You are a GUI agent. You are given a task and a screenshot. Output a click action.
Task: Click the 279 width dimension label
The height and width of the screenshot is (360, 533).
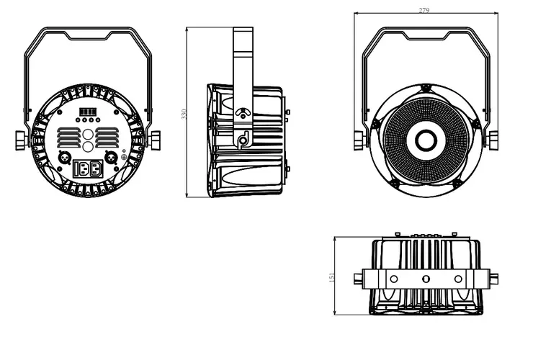click(424, 10)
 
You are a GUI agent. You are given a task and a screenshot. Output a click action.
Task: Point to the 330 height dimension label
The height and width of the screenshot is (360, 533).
click(184, 114)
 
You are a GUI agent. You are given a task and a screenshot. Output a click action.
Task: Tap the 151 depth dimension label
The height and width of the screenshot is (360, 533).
click(332, 277)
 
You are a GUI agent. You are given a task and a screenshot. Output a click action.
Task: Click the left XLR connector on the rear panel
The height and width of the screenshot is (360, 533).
click(64, 158)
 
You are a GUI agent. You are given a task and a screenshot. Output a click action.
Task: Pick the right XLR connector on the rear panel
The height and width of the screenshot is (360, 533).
click(111, 158)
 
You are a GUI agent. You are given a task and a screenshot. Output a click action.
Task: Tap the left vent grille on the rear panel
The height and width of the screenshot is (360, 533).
click(68, 138)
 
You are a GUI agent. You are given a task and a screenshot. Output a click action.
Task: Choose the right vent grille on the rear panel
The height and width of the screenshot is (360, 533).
click(107, 138)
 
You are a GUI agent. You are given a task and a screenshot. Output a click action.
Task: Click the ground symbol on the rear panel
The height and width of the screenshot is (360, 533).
click(124, 158)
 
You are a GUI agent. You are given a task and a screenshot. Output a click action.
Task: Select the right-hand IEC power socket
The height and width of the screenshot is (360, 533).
click(96, 168)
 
